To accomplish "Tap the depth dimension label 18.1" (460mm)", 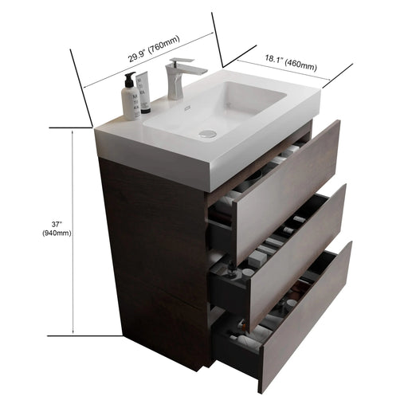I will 284,63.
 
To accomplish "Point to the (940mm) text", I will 57,233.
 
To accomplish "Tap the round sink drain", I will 207,133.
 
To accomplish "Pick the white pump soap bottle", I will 130,99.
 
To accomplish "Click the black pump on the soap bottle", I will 128,79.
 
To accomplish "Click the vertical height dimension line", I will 73,231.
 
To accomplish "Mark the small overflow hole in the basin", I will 184,105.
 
